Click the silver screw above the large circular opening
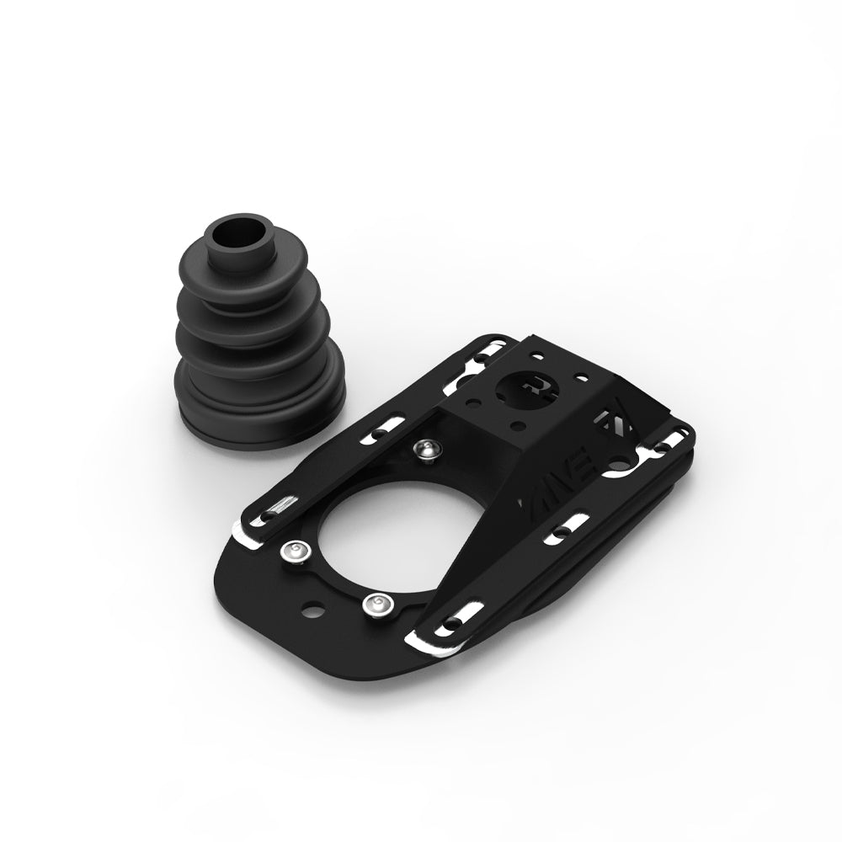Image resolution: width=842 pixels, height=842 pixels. [427, 451]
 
